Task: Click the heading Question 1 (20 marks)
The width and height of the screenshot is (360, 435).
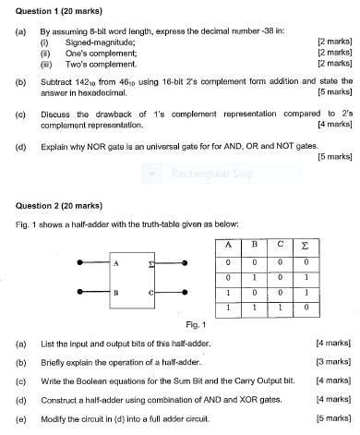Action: [x=46, y=8]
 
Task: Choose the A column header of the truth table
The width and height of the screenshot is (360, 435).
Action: [x=224, y=244]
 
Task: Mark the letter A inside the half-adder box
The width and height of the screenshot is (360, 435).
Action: [x=116, y=263]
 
